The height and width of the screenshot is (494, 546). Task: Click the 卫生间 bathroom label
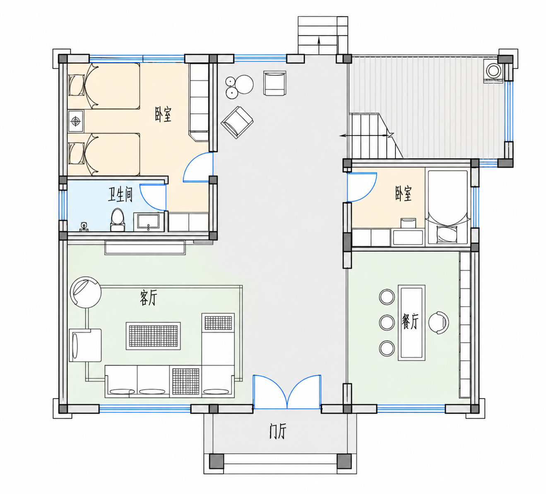(x=120, y=195)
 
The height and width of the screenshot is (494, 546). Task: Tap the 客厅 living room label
(x=148, y=298)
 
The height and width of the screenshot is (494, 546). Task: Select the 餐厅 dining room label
(x=410, y=321)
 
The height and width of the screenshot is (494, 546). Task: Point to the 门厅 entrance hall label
(x=278, y=431)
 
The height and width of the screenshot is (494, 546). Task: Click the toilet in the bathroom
(x=118, y=220)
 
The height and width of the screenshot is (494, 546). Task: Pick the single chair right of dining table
(x=439, y=322)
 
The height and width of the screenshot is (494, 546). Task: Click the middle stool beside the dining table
(x=387, y=322)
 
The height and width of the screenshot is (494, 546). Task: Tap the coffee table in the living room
(x=153, y=336)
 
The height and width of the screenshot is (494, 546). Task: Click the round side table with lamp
(x=86, y=293)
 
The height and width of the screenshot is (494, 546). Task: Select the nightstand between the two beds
(x=76, y=121)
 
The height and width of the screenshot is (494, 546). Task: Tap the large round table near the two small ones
(x=244, y=85)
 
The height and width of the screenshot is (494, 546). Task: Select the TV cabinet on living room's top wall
(x=145, y=247)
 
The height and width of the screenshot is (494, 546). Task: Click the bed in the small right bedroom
(x=448, y=207)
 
